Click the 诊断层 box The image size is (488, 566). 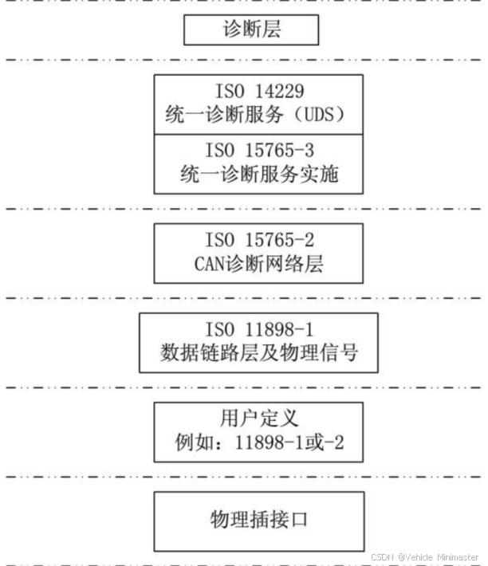[x=251, y=31]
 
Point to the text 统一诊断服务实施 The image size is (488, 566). [x=258, y=173]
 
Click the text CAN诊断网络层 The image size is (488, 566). [x=258, y=264]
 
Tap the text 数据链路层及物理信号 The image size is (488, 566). [x=258, y=352]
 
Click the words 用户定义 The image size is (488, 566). [x=258, y=419]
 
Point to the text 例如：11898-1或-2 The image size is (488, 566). [x=258, y=442]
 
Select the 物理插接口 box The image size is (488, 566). [x=258, y=521]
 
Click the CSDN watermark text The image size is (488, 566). [x=384, y=556]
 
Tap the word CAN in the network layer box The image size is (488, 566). [x=210, y=264]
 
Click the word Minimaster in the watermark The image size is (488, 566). [x=457, y=556]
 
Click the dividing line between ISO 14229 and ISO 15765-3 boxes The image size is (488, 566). [x=258, y=134]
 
